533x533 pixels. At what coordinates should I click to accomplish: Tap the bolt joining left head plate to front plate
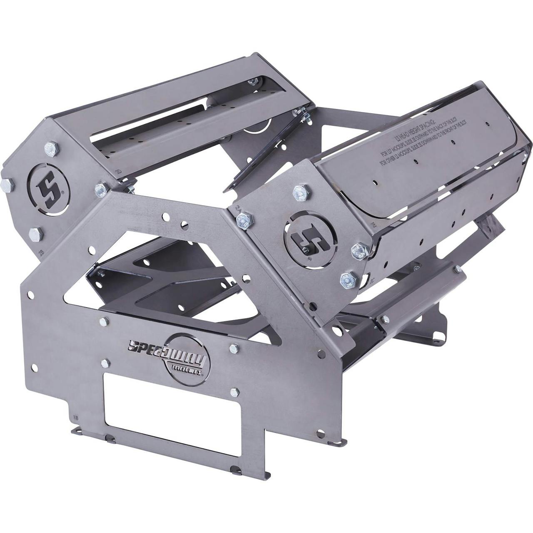click(x=101, y=189)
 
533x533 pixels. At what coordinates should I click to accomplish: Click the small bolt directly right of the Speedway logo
click(x=234, y=347)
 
